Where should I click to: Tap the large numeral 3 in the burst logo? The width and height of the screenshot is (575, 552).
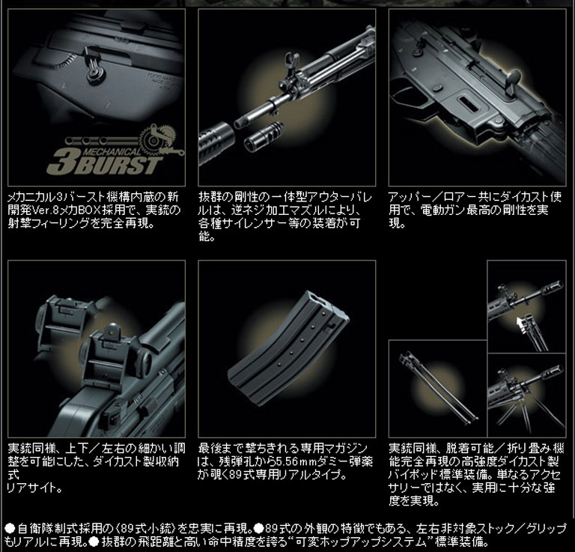click(x=61, y=161)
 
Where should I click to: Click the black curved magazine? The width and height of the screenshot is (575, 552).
click(x=288, y=348)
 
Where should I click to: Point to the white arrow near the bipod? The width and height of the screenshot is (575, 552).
click(x=521, y=325)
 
